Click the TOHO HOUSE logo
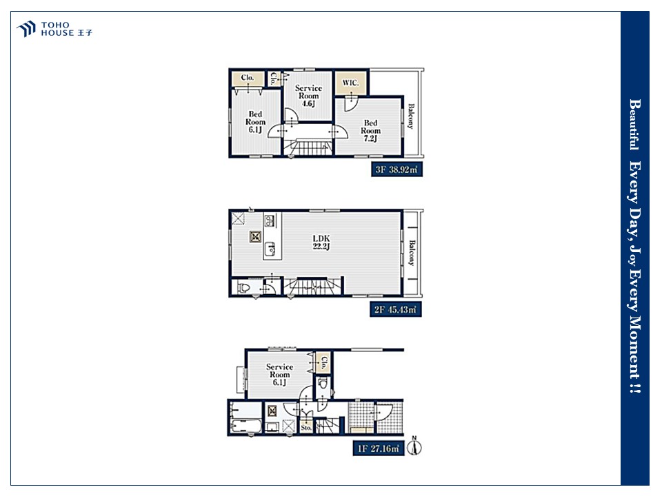pyautogui.click(x=54, y=29)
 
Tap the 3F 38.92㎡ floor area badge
pyautogui.click(x=397, y=169)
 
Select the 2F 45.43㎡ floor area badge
pyautogui.click(x=395, y=309)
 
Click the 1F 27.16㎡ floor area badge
pyautogui.click(x=379, y=448)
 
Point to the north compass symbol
pyautogui.click(x=414, y=446)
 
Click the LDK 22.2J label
pyautogui.click(x=321, y=242)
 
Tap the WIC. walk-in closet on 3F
pyautogui.click(x=350, y=83)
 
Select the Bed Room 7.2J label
pyautogui.click(x=370, y=130)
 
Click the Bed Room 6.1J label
pyautogui.click(x=255, y=121)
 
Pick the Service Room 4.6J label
pyautogui.click(x=308, y=95)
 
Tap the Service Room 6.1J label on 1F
pyautogui.click(x=279, y=375)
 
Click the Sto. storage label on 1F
pyautogui.click(x=306, y=427)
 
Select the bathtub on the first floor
pyautogui.click(x=246, y=426)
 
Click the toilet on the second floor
pyautogui.click(x=244, y=288)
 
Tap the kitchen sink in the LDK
pyautogui.click(x=270, y=249)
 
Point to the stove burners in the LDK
pyautogui.click(x=270, y=220)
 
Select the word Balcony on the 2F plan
pyautogui.click(x=412, y=253)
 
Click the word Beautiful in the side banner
pyautogui.click(x=634, y=125)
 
